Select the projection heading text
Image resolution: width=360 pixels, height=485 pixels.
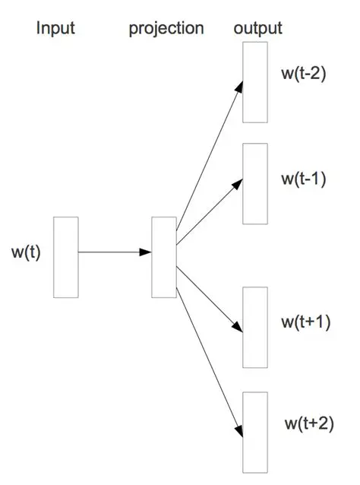tap(166, 29)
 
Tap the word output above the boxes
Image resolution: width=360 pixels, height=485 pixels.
tap(258, 29)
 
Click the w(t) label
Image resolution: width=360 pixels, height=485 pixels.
tap(26, 252)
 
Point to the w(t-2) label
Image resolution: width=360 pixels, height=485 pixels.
tap(304, 76)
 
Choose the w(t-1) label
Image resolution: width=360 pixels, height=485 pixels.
tap(304, 179)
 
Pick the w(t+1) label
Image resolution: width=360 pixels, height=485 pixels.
tap(305, 322)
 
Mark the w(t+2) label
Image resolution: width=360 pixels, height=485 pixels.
tap(308, 422)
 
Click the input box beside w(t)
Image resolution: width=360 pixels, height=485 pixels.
tap(66, 257)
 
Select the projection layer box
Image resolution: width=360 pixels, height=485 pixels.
tap(164, 257)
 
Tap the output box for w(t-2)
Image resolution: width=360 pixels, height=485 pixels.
tap(255, 82)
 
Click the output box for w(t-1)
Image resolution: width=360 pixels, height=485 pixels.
tap(255, 183)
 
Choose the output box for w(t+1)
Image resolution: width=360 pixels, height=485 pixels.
tap(255, 327)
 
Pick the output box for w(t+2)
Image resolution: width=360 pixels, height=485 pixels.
tap(255, 431)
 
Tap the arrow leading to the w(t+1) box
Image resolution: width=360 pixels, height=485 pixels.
tap(209, 296)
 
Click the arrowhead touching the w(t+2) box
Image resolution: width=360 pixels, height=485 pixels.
tap(239, 430)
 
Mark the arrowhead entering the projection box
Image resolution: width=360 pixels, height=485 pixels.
tap(146, 252)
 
